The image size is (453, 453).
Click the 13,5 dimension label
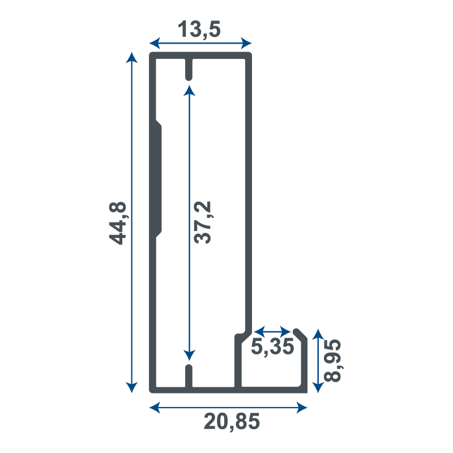199,29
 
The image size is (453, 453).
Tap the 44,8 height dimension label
118,223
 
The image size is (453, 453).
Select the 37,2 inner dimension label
203,223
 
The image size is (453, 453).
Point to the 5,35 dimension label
272,347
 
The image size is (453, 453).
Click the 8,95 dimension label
333,361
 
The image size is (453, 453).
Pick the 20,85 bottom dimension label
232,422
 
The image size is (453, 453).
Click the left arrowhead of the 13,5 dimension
155,44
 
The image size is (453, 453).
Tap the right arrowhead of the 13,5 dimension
246,44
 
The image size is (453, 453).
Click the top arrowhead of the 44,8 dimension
132,58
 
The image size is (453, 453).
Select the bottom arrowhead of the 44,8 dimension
132,388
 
